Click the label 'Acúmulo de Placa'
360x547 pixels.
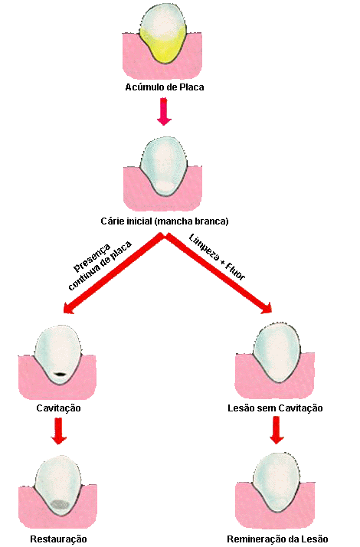[x=165, y=87]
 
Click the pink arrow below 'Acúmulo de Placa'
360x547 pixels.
[x=164, y=111]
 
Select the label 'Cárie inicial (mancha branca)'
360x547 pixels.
[x=165, y=221]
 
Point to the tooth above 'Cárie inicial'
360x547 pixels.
[x=163, y=166]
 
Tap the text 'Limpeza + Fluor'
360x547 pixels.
[x=218, y=257]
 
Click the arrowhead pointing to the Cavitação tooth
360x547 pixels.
[x=68, y=308]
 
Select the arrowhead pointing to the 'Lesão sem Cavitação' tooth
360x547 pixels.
[x=266, y=307]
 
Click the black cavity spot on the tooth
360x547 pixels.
[x=61, y=374]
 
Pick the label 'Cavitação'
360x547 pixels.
[x=58, y=408]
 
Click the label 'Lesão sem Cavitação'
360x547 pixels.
[x=275, y=408]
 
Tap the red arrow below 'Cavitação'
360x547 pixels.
[x=59, y=431]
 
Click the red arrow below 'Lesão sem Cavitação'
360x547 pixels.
[x=277, y=431]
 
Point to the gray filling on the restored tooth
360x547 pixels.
[x=60, y=504]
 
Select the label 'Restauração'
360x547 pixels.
[x=58, y=539]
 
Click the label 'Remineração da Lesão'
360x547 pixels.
[x=277, y=539]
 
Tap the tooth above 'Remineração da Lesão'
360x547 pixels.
[x=276, y=482]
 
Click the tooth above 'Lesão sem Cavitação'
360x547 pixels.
[x=277, y=352]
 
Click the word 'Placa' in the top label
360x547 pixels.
[x=191, y=87]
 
